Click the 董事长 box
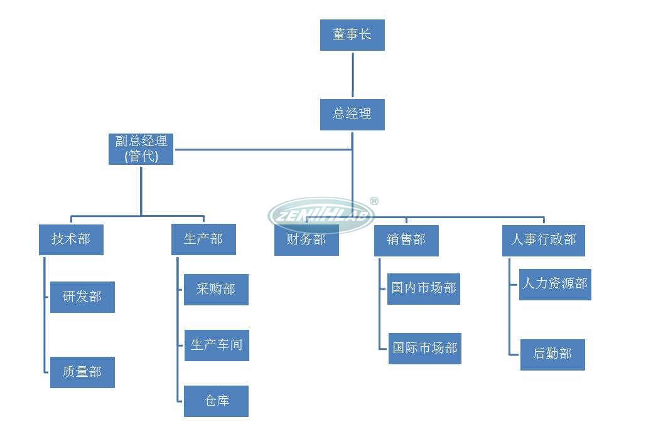[352, 35]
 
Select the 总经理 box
[352, 115]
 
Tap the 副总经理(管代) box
[141, 149]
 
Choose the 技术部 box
[71, 240]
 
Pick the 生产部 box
[203, 240]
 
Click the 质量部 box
[82, 372]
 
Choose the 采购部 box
[216, 290]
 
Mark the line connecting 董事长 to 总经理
[352, 75]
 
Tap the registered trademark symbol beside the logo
[374, 201]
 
